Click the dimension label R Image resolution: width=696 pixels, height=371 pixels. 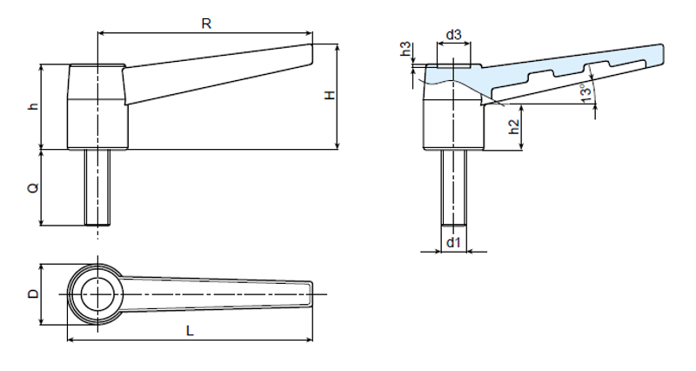pos(206,24)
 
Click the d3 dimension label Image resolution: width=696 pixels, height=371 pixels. pos(452,35)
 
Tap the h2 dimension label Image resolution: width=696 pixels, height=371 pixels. pos(514,125)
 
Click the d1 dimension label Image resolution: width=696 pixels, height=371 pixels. pos(452,241)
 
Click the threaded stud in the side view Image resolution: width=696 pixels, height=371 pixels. pos(97,187)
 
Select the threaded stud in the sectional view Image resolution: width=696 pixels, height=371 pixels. pos(452,187)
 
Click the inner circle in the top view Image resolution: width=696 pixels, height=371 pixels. pos(97,294)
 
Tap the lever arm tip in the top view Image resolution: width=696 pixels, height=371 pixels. pos(306,294)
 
